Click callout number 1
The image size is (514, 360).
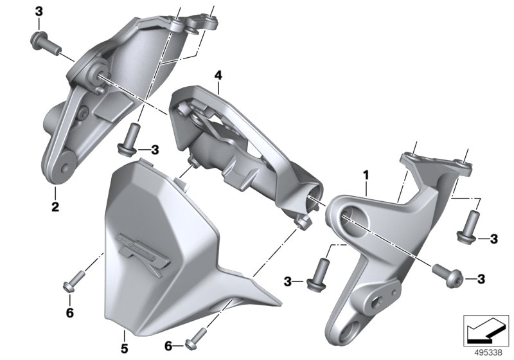click(366, 175)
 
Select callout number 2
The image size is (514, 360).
click(55, 206)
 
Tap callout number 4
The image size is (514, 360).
click(218, 75)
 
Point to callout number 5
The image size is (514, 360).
click(124, 348)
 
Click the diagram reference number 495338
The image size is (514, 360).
click(488, 353)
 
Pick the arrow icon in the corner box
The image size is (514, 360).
click(486, 330)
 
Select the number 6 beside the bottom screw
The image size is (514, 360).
click(168, 346)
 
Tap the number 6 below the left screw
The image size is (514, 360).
click(70, 313)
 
